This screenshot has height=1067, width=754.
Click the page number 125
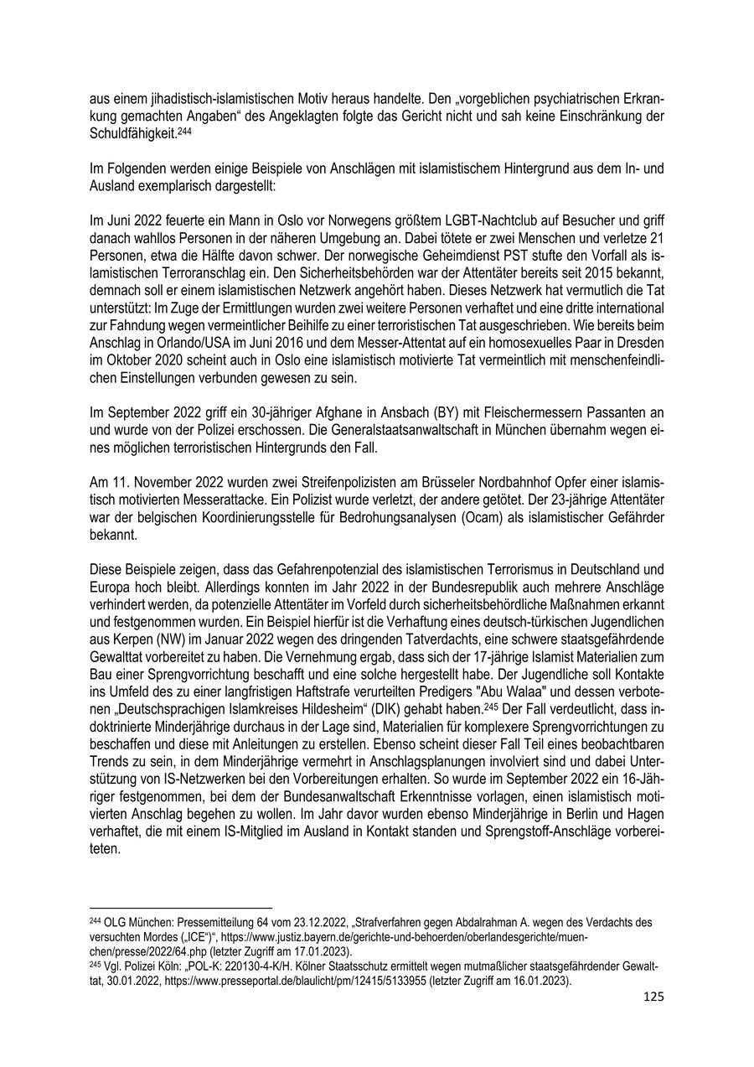click(x=653, y=997)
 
